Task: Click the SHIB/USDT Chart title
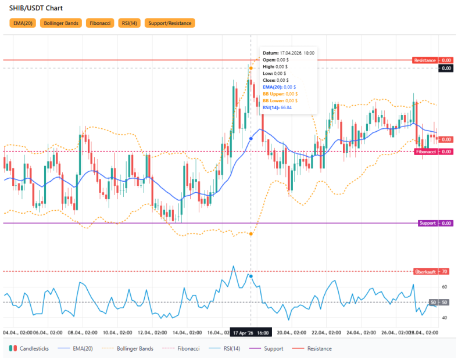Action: click(x=36, y=8)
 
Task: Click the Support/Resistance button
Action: click(x=170, y=23)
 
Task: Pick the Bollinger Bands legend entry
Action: click(x=130, y=348)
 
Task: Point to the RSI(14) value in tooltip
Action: click(x=277, y=107)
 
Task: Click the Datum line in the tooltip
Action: click(x=288, y=53)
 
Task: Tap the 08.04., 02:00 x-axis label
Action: click(x=83, y=333)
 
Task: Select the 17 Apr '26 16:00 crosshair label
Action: click(x=251, y=333)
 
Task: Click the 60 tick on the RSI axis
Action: click(x=444, y=287)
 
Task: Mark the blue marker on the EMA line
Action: click(x=251, y=138)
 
